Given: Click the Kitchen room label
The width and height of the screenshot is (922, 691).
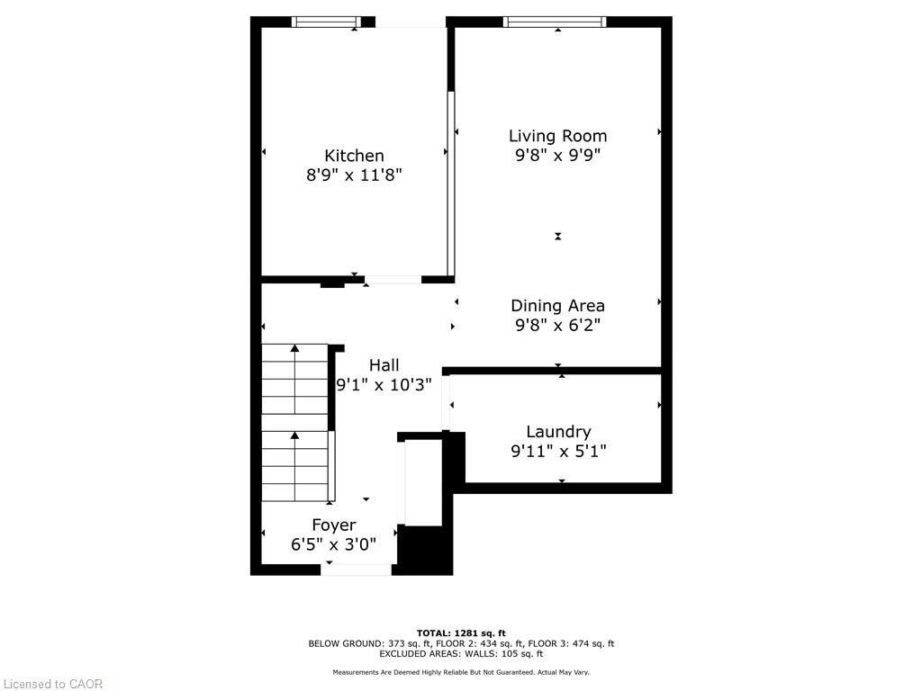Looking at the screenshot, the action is click(354, 156).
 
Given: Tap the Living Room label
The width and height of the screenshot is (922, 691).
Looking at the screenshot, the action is click(557, 137).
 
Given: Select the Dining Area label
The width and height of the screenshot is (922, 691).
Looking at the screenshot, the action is click(557, 306).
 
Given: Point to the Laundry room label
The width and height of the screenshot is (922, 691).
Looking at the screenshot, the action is click(558, 433).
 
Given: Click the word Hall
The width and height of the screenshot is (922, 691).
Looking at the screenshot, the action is click(384, 365).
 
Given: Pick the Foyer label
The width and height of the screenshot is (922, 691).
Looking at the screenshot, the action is click(333, 525).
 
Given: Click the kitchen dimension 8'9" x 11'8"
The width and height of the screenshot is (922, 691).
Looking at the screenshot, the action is click(354, 175).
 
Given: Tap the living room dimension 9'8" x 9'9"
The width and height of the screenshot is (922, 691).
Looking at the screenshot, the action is click(557, 155).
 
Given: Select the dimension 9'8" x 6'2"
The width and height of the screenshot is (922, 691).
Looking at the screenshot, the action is click(557, 325).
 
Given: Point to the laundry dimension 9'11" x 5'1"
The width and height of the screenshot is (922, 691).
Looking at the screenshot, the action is click(558, 452).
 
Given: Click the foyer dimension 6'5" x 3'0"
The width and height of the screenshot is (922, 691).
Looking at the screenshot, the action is click(333, 544).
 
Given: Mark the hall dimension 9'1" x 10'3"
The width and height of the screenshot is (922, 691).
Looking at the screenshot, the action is click(384, 385).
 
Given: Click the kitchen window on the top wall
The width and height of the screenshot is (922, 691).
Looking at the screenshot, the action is click(326, 22).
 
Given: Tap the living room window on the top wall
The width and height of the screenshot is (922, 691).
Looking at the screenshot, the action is click(555, 22).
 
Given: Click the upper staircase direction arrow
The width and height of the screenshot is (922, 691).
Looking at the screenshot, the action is click(294, 379).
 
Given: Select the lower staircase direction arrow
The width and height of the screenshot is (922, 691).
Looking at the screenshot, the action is click(294, 466).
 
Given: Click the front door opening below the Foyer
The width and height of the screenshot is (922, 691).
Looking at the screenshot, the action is click(357, 570).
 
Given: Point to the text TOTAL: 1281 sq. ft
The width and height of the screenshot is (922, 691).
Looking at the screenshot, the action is click(461, 633).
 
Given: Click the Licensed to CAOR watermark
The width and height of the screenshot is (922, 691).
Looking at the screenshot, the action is click(52, 684).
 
